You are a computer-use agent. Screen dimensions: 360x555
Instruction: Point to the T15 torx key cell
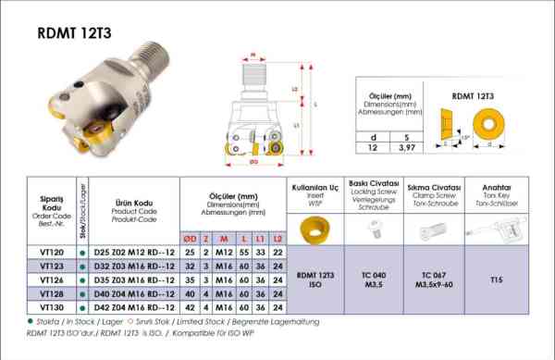click(496, 278)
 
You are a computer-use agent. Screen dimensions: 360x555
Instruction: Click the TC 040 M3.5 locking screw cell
click(374, 278)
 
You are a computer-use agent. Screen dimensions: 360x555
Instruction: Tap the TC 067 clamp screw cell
click(434, 278)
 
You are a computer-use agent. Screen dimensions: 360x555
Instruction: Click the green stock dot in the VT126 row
click(84, 279)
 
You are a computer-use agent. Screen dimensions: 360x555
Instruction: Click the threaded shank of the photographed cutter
click(147, 41)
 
